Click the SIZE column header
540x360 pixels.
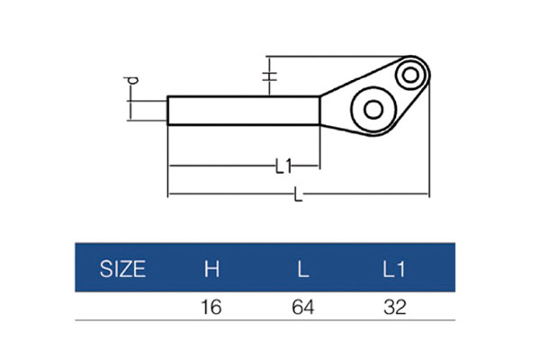122,269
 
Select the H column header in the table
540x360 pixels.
211,269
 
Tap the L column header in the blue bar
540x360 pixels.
303,269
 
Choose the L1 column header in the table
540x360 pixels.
394,269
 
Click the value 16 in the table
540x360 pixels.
211,307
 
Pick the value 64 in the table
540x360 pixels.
303,307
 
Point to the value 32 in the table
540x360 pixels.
395,307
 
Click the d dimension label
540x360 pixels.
132,81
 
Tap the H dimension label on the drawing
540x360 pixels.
270,76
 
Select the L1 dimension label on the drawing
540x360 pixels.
283,166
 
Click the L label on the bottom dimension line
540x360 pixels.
298,194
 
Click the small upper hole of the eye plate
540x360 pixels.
410,75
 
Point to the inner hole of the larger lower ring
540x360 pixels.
373,110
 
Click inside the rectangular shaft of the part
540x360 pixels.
244,111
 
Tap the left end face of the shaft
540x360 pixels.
167,111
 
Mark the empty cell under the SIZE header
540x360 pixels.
122,307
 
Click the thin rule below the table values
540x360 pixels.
265,320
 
